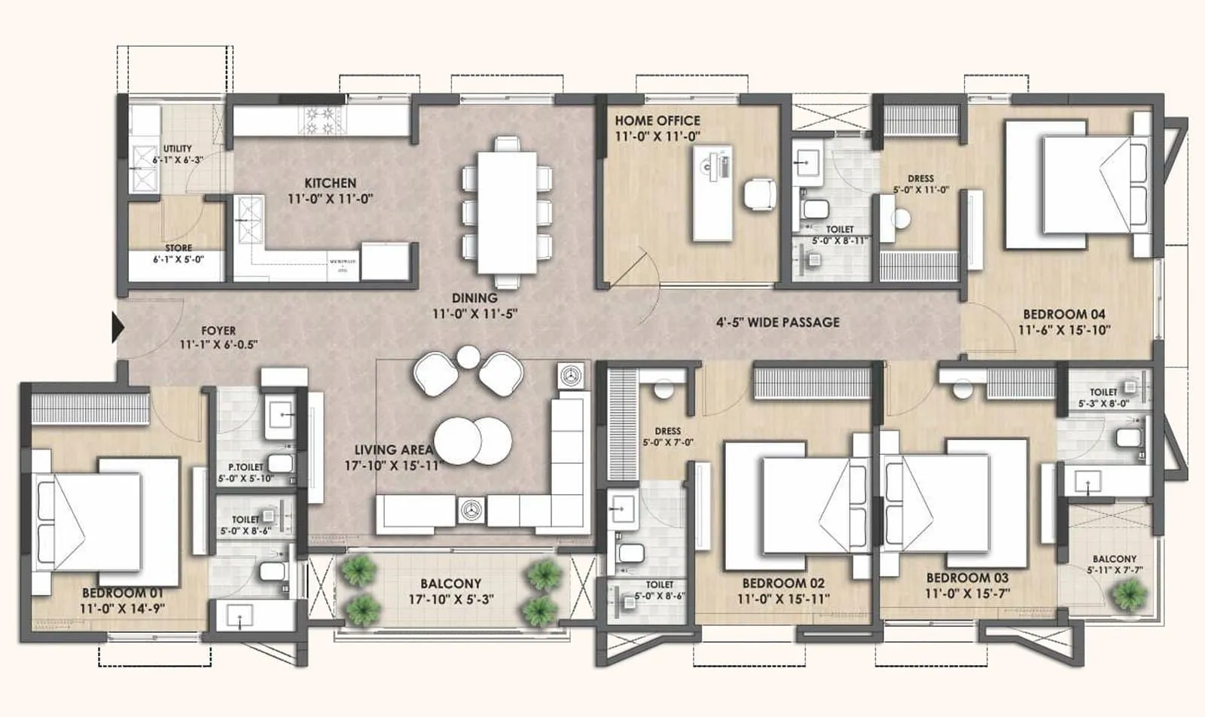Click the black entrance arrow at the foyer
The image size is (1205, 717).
117,328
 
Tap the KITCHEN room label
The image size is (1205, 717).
330,183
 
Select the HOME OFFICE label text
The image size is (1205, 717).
657,121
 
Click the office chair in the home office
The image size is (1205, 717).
759,194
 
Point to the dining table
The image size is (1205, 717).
507,212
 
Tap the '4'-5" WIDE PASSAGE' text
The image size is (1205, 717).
777,322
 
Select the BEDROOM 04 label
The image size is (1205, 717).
1063,314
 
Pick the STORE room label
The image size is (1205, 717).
178,248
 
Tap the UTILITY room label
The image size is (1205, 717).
178,149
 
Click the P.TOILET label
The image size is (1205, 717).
246,467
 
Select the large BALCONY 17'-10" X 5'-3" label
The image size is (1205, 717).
450,591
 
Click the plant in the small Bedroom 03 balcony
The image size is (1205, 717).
1128,594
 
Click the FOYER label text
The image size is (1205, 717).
218,331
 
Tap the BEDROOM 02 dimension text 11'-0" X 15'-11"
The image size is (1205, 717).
783,600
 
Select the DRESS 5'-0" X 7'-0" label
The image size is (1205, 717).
667,437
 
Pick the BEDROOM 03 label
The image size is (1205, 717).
967,578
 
